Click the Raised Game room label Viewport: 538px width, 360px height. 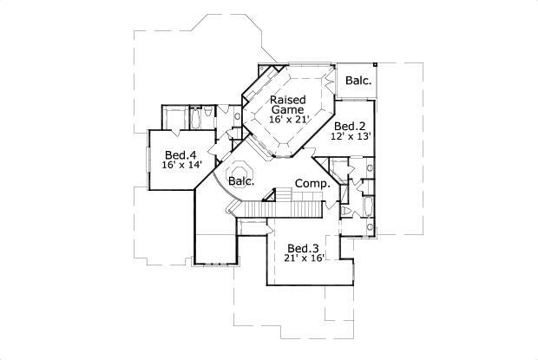pyautogui.click(x=286, y=105)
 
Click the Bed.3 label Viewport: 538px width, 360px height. pyautogui.click(x=304, y=246)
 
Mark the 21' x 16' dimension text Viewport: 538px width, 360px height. pyautogui.click(x=304, y=258)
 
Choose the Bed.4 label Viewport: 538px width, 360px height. pyautogui.click(x=180, y=154)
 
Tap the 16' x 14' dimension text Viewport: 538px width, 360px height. pyautogui.click(x=180, y=165)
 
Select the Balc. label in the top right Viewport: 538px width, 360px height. pyautogui.click(x=358, y=81)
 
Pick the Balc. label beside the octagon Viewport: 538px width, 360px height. pyautogui.click(x=241, y=181)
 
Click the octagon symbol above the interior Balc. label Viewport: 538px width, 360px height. pyautogui.click(x=239, y=166)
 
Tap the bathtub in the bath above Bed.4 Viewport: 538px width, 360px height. pyautogui.click(x=195, y=117)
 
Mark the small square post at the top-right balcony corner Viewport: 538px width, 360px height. pyautogui.click(x=376, y=64)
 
